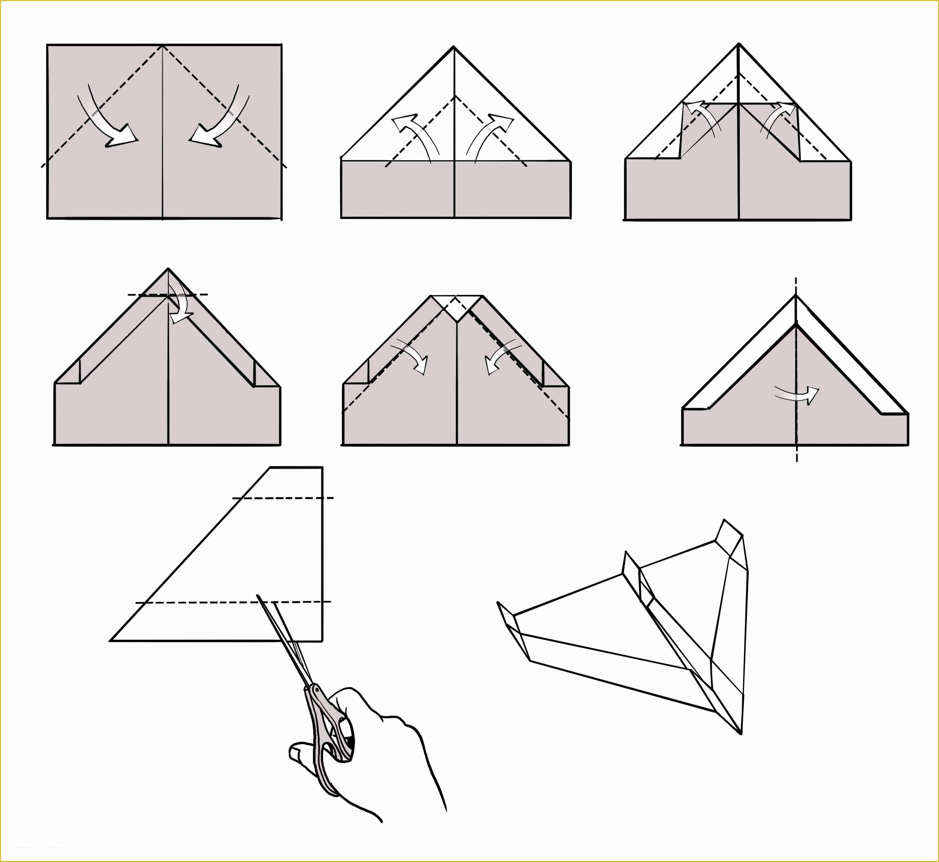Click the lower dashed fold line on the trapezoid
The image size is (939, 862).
click(x=233, y=602)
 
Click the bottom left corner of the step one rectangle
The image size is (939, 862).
click(x=47, y=218)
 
